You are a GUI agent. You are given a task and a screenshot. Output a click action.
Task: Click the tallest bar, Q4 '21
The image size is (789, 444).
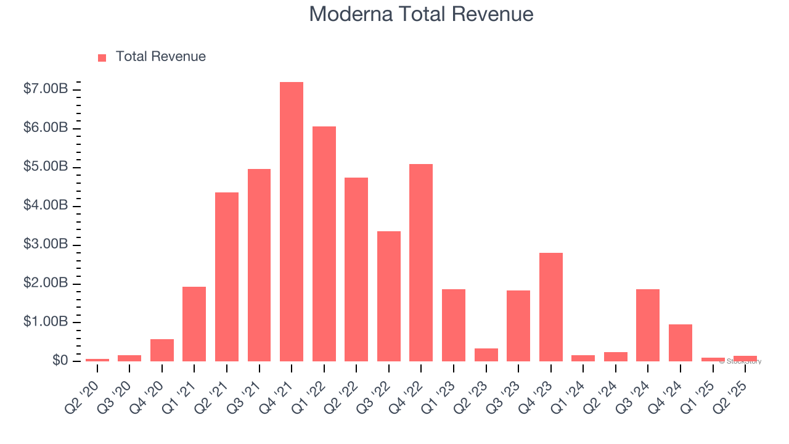292,222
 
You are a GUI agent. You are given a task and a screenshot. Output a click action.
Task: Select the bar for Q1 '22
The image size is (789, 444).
324,244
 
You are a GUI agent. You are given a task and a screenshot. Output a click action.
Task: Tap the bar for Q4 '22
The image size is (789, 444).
421,263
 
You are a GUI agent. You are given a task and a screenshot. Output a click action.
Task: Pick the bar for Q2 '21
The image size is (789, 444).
227,277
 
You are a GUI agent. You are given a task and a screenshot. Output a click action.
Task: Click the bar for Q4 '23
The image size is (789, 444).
550,307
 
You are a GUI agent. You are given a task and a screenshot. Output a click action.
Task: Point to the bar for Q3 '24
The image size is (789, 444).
648,325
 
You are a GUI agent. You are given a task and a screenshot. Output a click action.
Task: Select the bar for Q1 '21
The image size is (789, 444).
194,324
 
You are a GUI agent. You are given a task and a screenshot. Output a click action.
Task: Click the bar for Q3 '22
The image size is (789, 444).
389,296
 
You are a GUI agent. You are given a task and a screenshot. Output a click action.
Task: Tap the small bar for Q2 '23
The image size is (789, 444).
486,355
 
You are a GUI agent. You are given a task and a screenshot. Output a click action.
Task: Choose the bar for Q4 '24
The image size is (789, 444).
681,343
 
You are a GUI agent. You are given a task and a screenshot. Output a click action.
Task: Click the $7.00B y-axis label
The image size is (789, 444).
46,89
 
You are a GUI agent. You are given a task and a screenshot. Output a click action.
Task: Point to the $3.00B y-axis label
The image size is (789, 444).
46,245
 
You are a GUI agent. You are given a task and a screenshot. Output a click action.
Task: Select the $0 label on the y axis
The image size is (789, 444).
60,361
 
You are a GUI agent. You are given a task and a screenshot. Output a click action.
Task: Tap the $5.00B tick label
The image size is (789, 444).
46,167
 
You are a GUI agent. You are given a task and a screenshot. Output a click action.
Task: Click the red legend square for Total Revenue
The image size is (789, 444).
102,57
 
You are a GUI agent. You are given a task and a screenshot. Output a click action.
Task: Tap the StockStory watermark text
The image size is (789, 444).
742,361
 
